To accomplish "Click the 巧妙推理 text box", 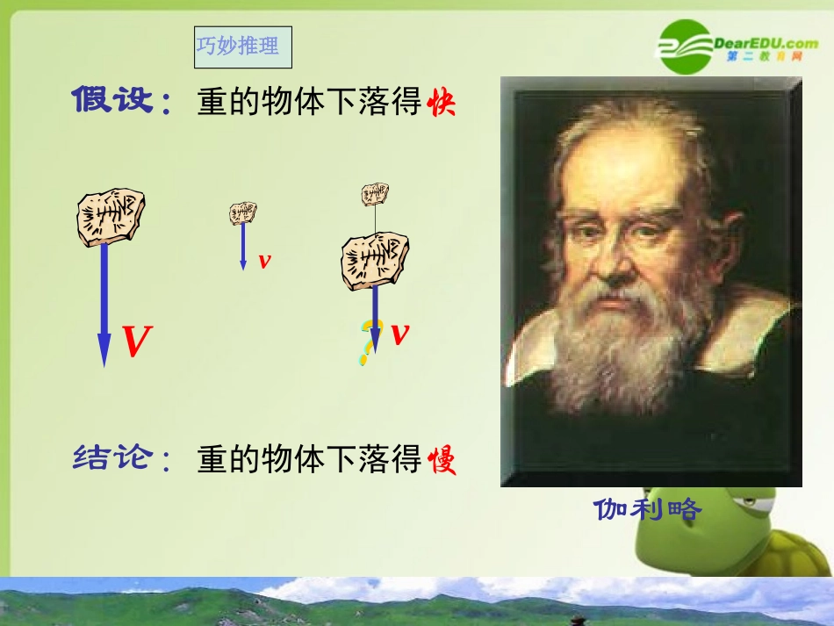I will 242,47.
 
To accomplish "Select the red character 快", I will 442,105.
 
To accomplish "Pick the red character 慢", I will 442,460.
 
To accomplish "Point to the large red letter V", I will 137,342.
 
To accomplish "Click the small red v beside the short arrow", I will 264,261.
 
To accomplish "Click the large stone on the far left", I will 111,216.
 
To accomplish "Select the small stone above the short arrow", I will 243,212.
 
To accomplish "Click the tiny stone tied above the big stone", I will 376,194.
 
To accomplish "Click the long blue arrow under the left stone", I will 104,303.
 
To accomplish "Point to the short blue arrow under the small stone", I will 243,246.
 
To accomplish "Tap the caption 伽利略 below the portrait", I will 648,509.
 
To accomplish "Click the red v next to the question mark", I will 401,334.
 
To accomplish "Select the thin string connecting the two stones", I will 376,219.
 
